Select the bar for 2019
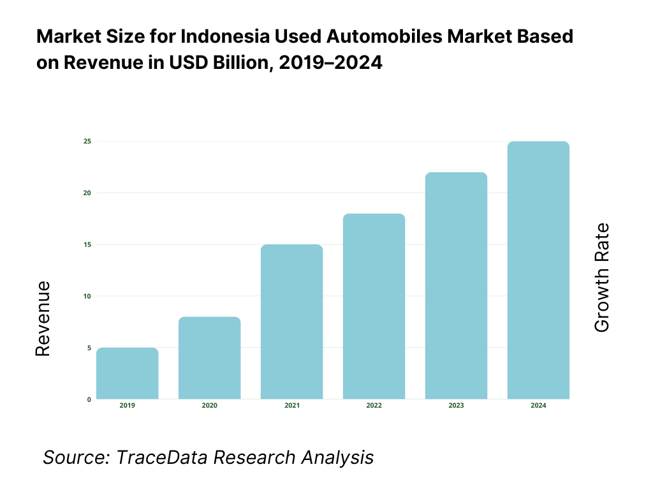click(128, 374)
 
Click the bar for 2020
click(209, 358)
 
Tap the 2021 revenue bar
click(291, 322)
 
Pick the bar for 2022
click(374, 307)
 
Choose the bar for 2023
click(456, 286)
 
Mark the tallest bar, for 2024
click(538, 271)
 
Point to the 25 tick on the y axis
click(87, 141)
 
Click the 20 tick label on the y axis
click(87, 193)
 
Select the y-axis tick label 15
click(87, 244)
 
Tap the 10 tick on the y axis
click(87, 296)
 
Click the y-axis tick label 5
click(89, 348)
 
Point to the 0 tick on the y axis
click(89, 399)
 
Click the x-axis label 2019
click(128, 406)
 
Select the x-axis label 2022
click(374, 406)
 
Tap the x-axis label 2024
click(538, 406)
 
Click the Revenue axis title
click(43, 318)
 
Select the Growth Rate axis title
click(601, 278)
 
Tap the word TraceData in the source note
click(162, 457)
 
